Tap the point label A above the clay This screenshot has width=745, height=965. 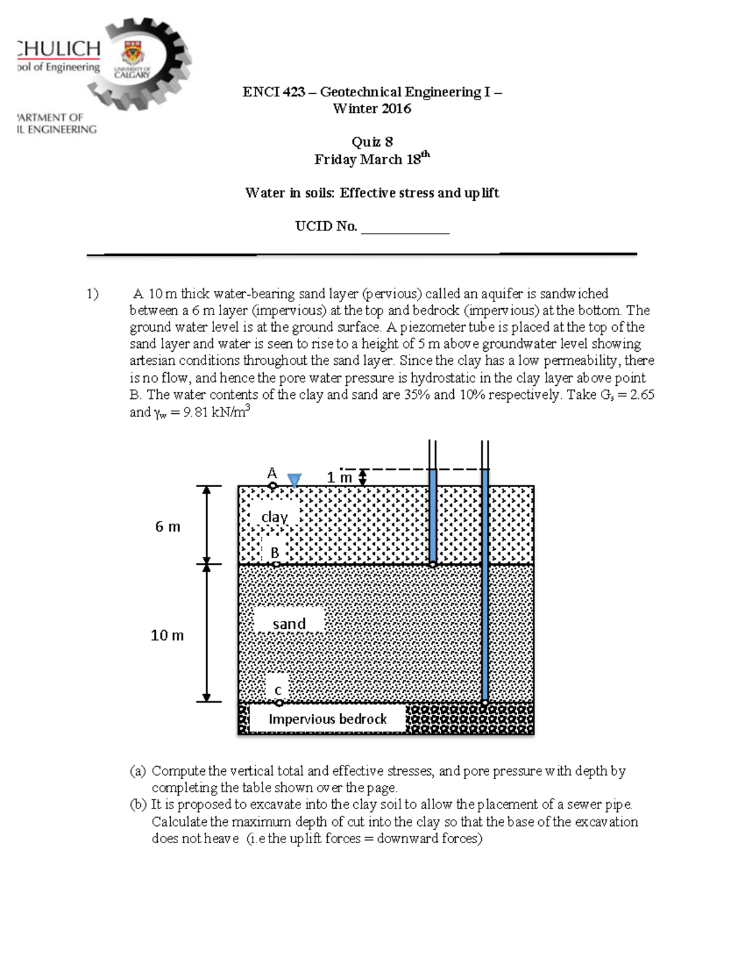click(272, 473)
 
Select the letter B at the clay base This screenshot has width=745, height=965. click(274, 552)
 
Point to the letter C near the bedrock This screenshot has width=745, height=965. click(278, 690)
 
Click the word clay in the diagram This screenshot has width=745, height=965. click(274, 516)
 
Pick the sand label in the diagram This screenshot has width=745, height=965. click(289, 623)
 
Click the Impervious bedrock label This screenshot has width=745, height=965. click(327, 719)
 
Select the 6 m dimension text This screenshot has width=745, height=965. click(168, 526)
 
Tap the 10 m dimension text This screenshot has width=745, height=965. click(167, 635)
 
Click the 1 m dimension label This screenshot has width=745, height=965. click(339, 477)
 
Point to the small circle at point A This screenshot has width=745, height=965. click(273, 485)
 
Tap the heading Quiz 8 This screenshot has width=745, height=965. click(372, 142)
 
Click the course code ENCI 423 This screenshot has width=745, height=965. click(273, 92)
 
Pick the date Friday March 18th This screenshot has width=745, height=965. click(371, 159)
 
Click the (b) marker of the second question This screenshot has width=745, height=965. click(138, 804)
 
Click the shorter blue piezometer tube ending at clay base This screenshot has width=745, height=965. click(433, 516)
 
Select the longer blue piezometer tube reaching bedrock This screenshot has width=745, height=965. click(485, 584)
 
